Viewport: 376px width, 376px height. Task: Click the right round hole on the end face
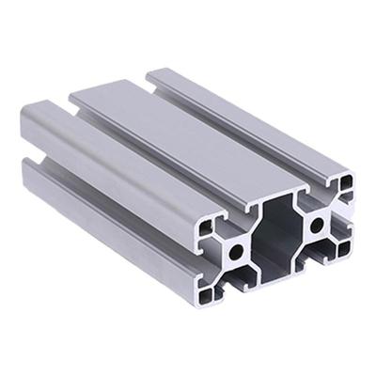click(x=318, y=224)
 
